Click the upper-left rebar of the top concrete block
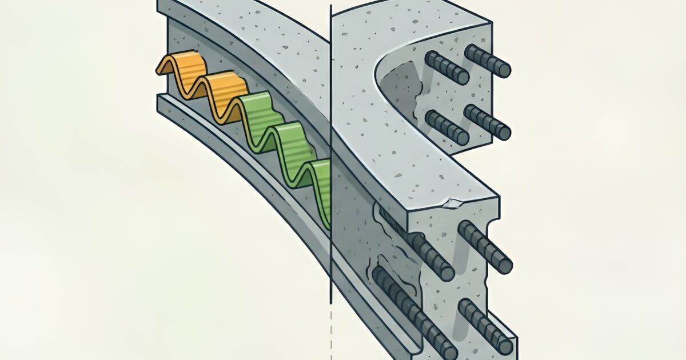click(446, 67)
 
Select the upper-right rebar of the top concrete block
click(488, 61)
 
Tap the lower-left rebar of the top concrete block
click(448, 127)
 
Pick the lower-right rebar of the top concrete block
click(487, 122)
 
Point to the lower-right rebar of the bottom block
click(485, 325)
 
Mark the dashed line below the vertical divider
click(331, 337)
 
